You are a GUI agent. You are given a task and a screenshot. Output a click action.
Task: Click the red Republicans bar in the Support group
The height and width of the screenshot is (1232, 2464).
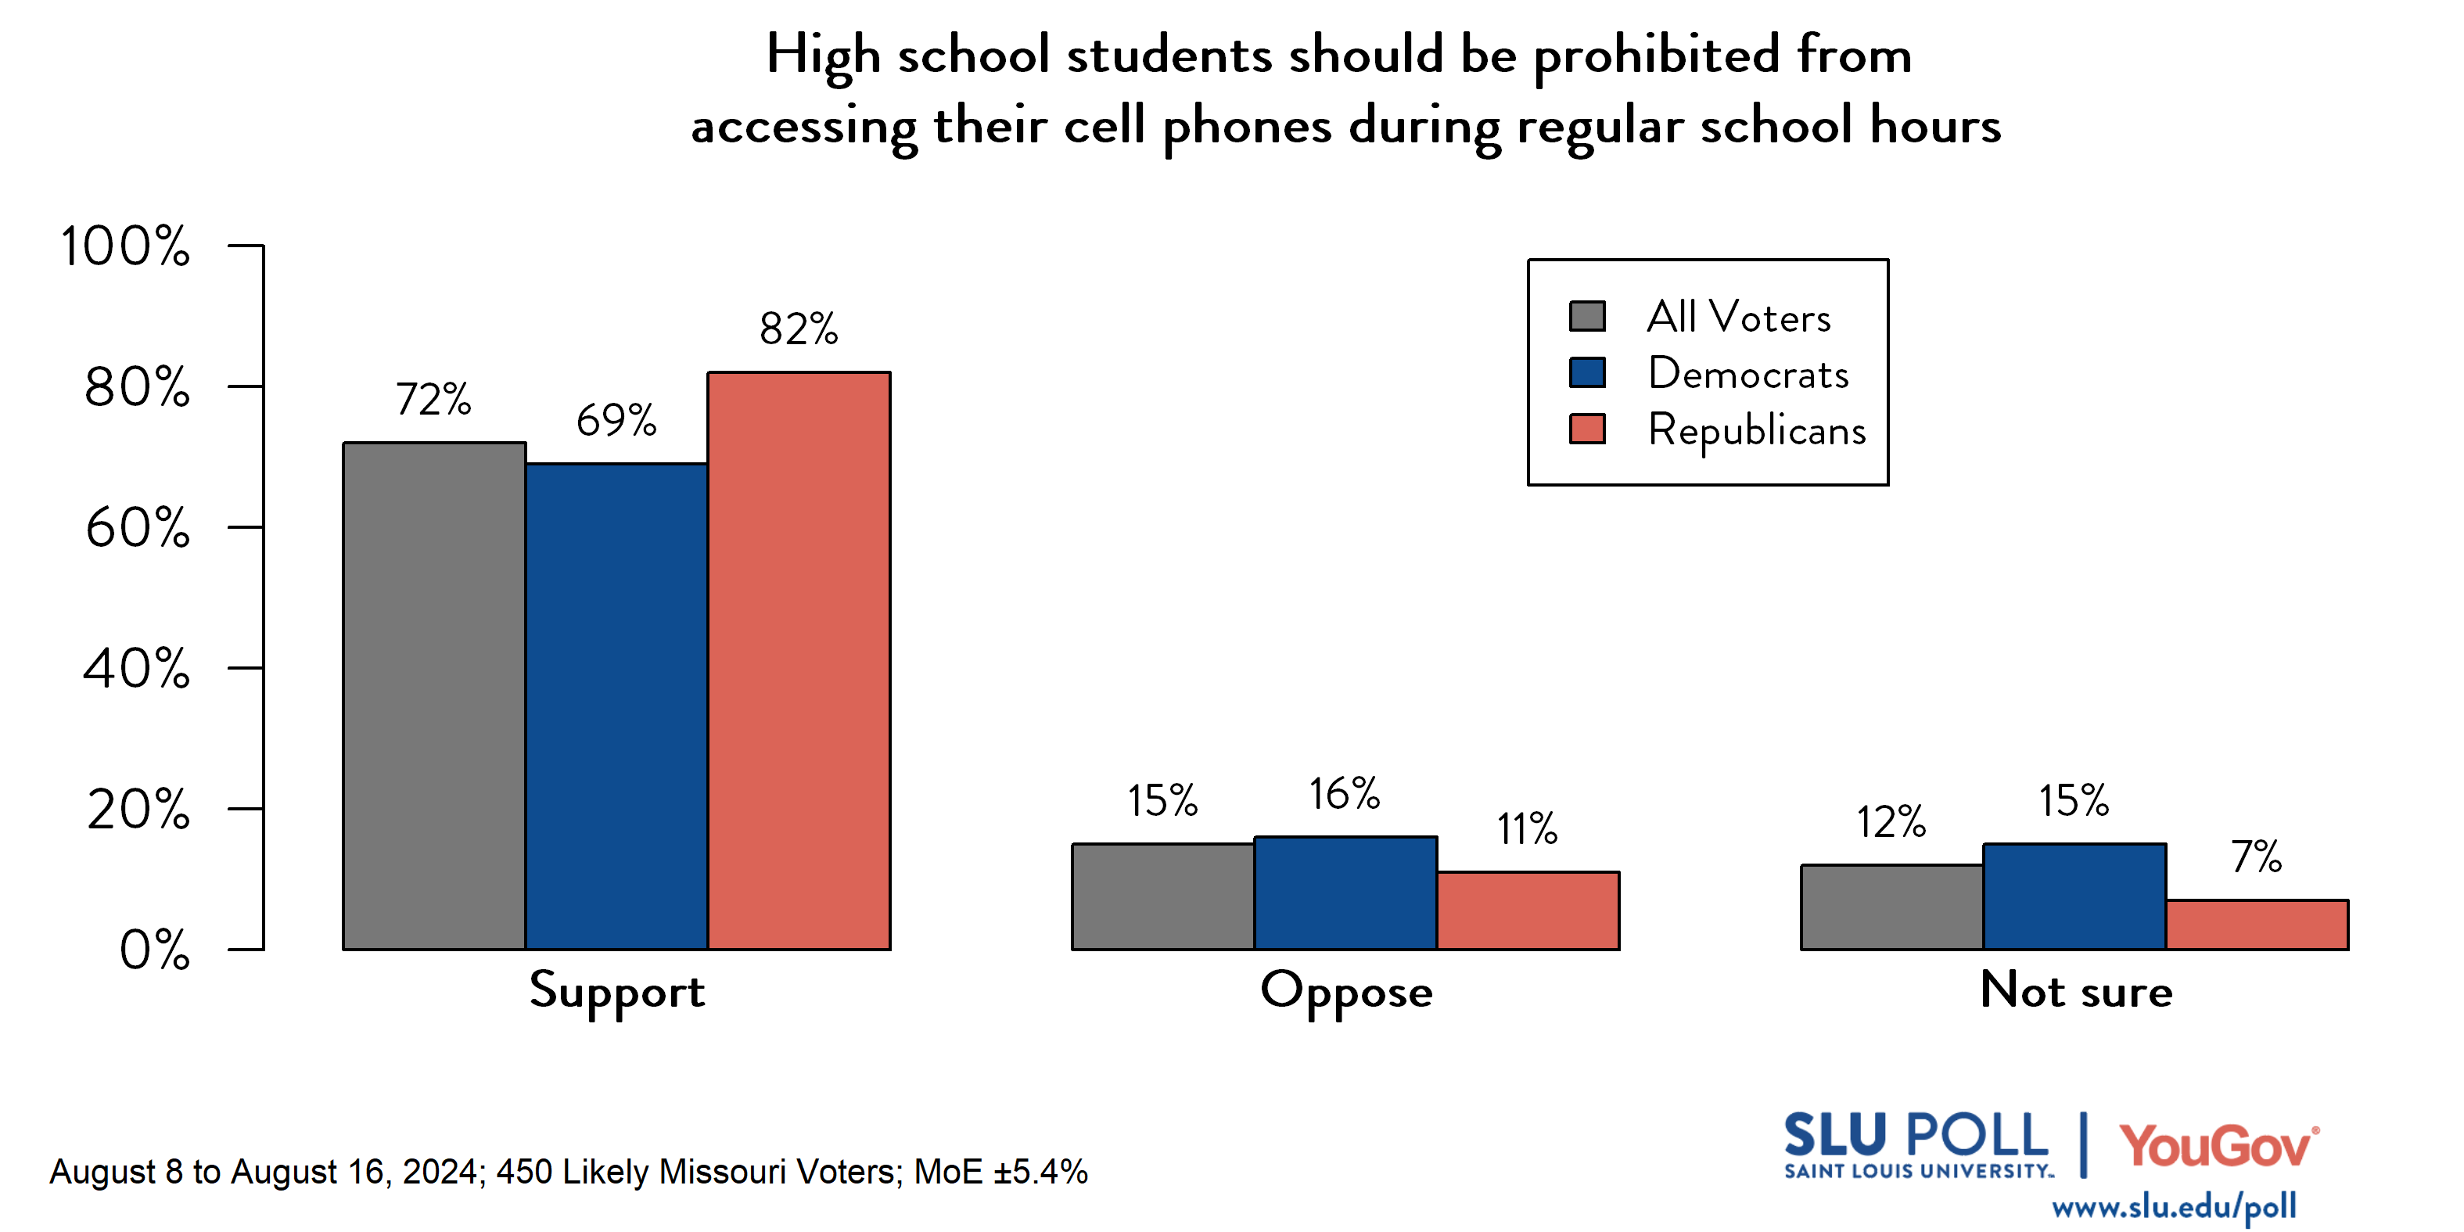(799, 660)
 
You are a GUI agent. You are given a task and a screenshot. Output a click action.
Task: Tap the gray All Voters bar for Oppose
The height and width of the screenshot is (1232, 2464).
(1162, 896)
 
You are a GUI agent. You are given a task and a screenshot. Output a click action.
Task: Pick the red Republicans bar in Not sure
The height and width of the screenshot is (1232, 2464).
(2257, 924)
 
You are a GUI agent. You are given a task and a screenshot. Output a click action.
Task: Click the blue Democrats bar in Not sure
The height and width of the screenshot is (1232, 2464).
(2074, 896)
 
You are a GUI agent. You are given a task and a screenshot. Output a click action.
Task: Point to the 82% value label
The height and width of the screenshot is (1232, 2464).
(799, 329)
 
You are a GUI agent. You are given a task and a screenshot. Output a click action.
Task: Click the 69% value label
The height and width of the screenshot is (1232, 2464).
(616, 421)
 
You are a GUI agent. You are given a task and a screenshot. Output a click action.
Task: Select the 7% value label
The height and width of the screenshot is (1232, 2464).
(2257, 857)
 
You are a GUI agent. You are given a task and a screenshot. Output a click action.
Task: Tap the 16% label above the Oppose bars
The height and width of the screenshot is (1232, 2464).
(1344, 795)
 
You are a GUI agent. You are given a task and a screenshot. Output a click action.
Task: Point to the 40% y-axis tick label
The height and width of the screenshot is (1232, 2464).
(136, 669)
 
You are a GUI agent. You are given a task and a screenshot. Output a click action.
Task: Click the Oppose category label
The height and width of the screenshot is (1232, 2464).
(1346, 992)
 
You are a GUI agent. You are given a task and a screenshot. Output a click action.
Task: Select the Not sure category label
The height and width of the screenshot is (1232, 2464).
(2076, 990)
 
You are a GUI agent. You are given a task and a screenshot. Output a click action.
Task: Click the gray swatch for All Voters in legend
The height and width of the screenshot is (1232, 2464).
(1587, 317)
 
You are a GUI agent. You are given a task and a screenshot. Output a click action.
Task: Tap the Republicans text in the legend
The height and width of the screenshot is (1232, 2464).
(1756, 430)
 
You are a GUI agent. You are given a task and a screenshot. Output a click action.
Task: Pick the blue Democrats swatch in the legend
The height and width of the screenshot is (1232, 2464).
(1587, 372)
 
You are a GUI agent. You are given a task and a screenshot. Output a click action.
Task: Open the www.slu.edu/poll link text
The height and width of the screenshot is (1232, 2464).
(2173, 1206)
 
